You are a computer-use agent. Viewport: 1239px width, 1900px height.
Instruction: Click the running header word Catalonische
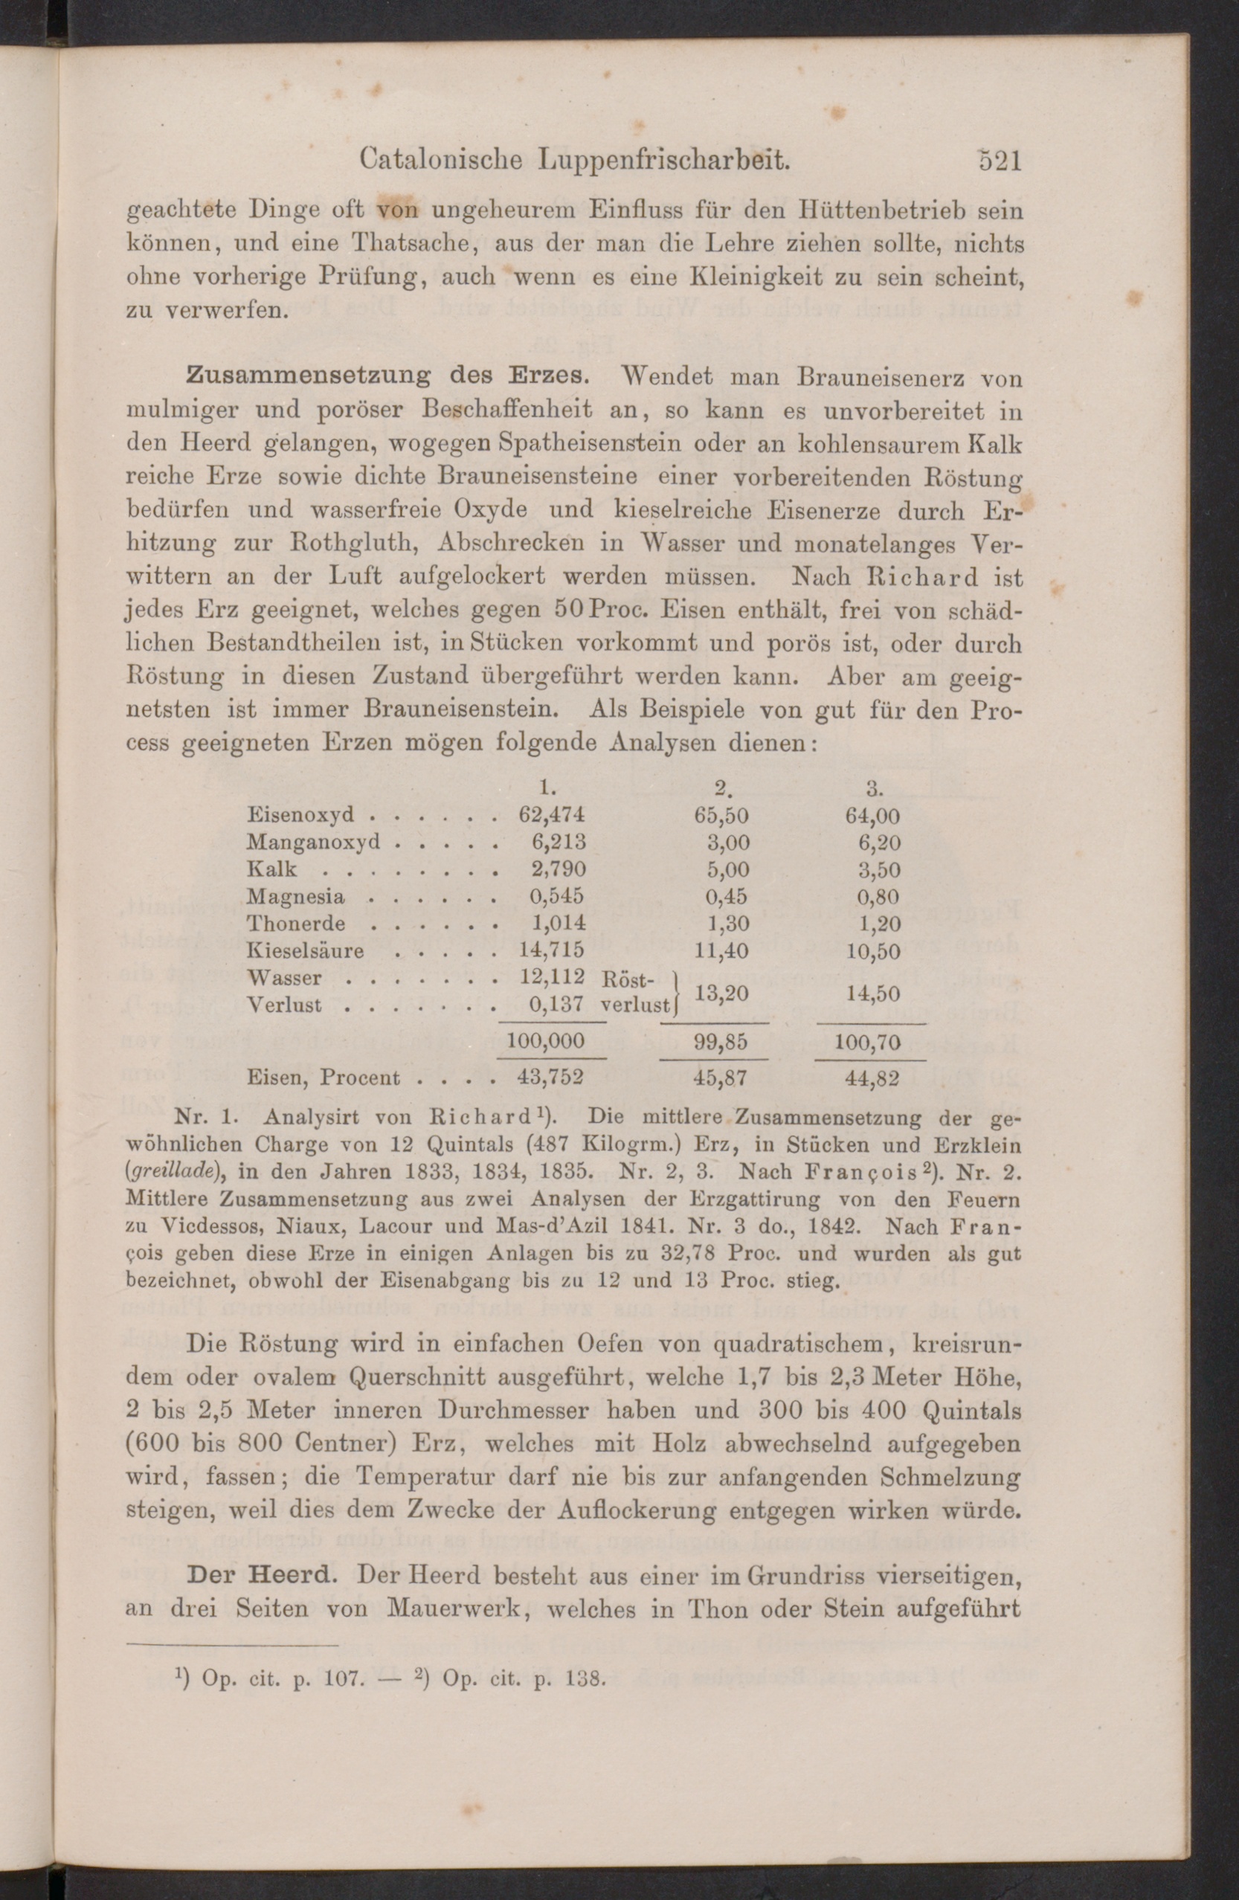[x=441, y=161]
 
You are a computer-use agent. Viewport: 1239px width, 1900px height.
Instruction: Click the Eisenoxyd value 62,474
[x=552, y=815]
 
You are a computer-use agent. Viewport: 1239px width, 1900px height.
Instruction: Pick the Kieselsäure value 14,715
[x=552, y=950]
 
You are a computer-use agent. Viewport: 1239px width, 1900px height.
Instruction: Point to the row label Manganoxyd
[x=313, y=843]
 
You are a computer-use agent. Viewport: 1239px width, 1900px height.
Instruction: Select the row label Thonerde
[x=295, y=924]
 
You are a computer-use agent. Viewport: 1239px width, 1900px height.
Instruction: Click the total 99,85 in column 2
[x=715, y=1042]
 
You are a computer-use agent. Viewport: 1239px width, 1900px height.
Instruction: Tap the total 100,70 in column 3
[x=868, y=1042]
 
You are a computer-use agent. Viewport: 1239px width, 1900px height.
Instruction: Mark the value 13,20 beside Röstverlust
[x=721, y=992]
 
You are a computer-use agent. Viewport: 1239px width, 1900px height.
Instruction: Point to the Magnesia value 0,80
[x=878, y=897]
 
